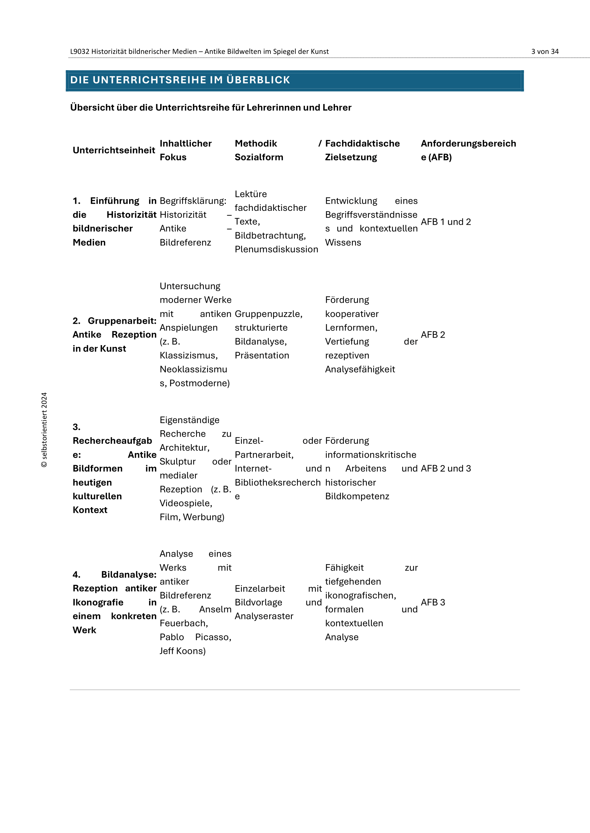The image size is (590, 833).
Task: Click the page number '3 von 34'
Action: pos(545,52)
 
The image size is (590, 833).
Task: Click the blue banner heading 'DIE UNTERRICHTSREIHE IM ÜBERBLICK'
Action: pos(180,80)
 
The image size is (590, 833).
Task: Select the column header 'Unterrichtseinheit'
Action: pos(114,150)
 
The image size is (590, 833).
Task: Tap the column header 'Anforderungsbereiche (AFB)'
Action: pos(468,150)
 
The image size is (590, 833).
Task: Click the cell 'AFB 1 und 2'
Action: pos(446,222)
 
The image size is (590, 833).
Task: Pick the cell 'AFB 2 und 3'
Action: pos(446,468)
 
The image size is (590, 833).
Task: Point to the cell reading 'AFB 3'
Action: pos(433,602)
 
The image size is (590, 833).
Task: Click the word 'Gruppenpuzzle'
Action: pos(268,314)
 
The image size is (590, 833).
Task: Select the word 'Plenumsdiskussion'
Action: pos(276,249)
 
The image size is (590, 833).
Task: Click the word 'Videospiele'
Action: pos(185,503)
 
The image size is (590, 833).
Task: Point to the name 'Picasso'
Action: pos(213,637)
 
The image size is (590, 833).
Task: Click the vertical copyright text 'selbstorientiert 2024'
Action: pos(44,430)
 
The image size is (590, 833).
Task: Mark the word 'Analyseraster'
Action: pos(264,616)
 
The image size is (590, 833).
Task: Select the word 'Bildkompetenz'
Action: pos(357,496)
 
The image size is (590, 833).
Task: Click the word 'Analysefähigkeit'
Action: pos(360,369)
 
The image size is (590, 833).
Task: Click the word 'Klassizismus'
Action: pos(188,355)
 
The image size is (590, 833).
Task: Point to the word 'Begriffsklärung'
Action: pos(193,201)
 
